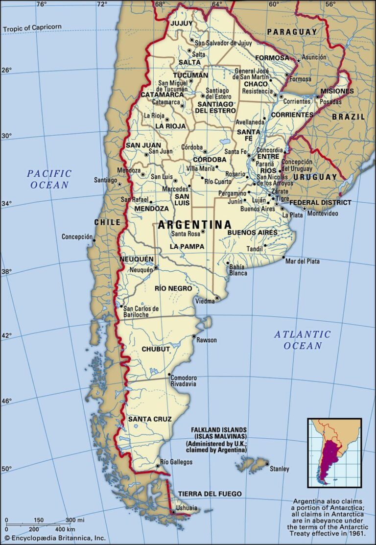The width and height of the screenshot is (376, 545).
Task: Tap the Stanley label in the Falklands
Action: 280,469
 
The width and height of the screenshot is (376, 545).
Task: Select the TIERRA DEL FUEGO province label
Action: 210,494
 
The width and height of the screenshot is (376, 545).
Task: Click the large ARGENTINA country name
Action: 194,225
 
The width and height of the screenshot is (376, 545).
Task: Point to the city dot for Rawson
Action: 194,336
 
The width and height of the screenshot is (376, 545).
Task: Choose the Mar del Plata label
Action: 302,261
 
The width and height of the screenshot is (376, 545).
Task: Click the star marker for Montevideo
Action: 305,209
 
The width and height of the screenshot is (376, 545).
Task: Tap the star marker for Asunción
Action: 299,61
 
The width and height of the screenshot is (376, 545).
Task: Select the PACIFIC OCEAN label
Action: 49,179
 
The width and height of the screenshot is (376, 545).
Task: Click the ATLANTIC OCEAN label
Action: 302,340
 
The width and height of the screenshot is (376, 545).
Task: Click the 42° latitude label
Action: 6,336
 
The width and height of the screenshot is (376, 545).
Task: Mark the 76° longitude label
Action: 41,4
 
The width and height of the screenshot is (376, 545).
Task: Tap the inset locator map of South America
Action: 334,453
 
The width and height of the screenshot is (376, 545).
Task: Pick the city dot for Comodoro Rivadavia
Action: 169,375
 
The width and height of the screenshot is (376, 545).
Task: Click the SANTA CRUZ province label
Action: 150,419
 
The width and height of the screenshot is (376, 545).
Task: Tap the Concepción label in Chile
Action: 77,237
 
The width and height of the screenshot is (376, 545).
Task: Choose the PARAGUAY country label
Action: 292,32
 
